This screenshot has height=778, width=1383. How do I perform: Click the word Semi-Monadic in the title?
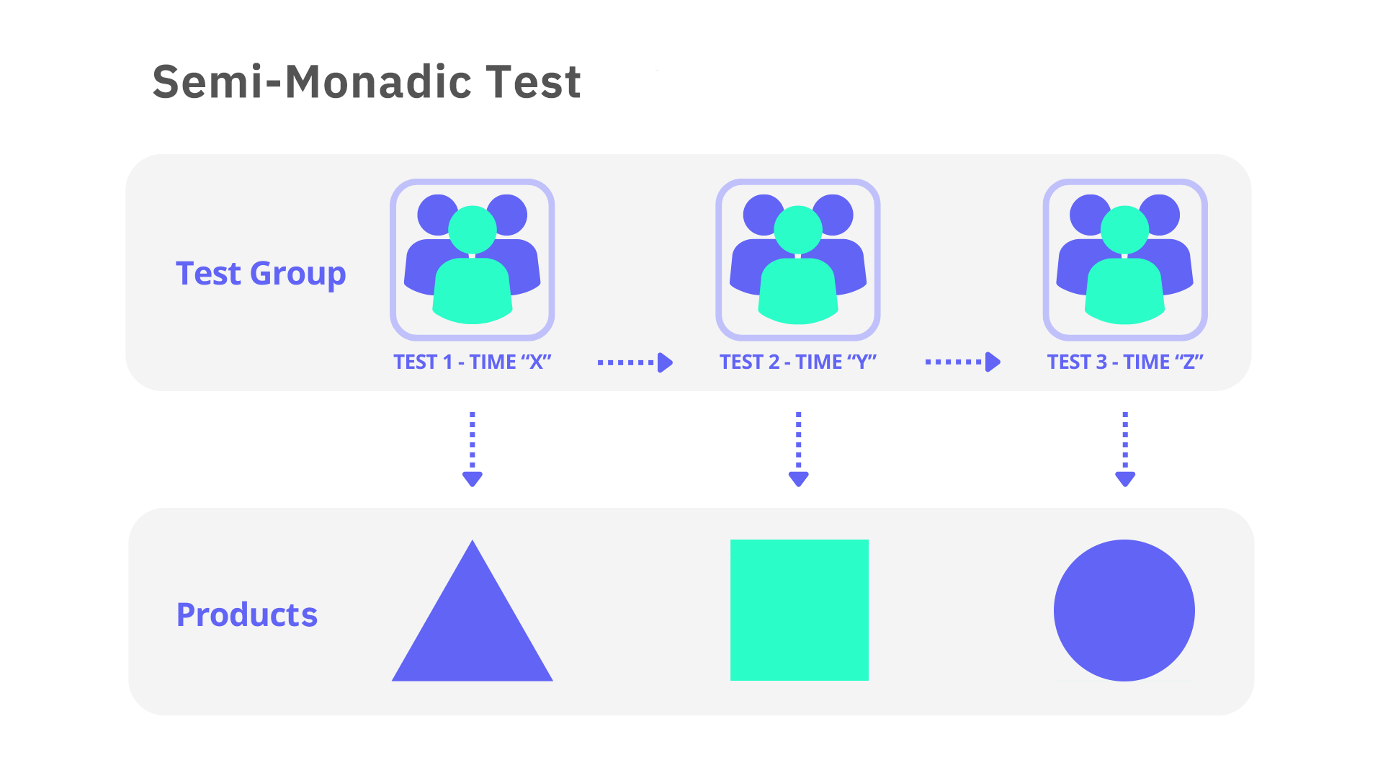point(312,81)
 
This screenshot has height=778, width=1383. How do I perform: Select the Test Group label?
point(261,274)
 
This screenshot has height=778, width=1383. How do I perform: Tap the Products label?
point(247,614)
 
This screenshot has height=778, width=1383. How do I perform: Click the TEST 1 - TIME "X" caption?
point(473,362)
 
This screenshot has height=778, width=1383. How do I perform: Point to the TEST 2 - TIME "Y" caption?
point(798,362)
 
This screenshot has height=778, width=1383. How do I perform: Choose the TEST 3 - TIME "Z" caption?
point(1125,362)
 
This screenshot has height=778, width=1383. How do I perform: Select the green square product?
point(800,610)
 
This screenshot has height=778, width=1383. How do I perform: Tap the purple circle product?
point(1124,610)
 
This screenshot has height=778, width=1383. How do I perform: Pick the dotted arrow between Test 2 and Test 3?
point(963,362)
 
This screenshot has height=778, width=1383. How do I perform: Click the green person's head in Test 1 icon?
point(473,230)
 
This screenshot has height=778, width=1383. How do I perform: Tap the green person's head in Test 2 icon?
point(798,230)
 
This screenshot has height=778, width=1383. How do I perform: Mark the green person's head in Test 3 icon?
point(1124,230)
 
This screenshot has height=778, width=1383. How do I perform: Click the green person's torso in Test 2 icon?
point(798,291)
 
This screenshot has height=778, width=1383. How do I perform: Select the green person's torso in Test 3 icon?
point(1124,291)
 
